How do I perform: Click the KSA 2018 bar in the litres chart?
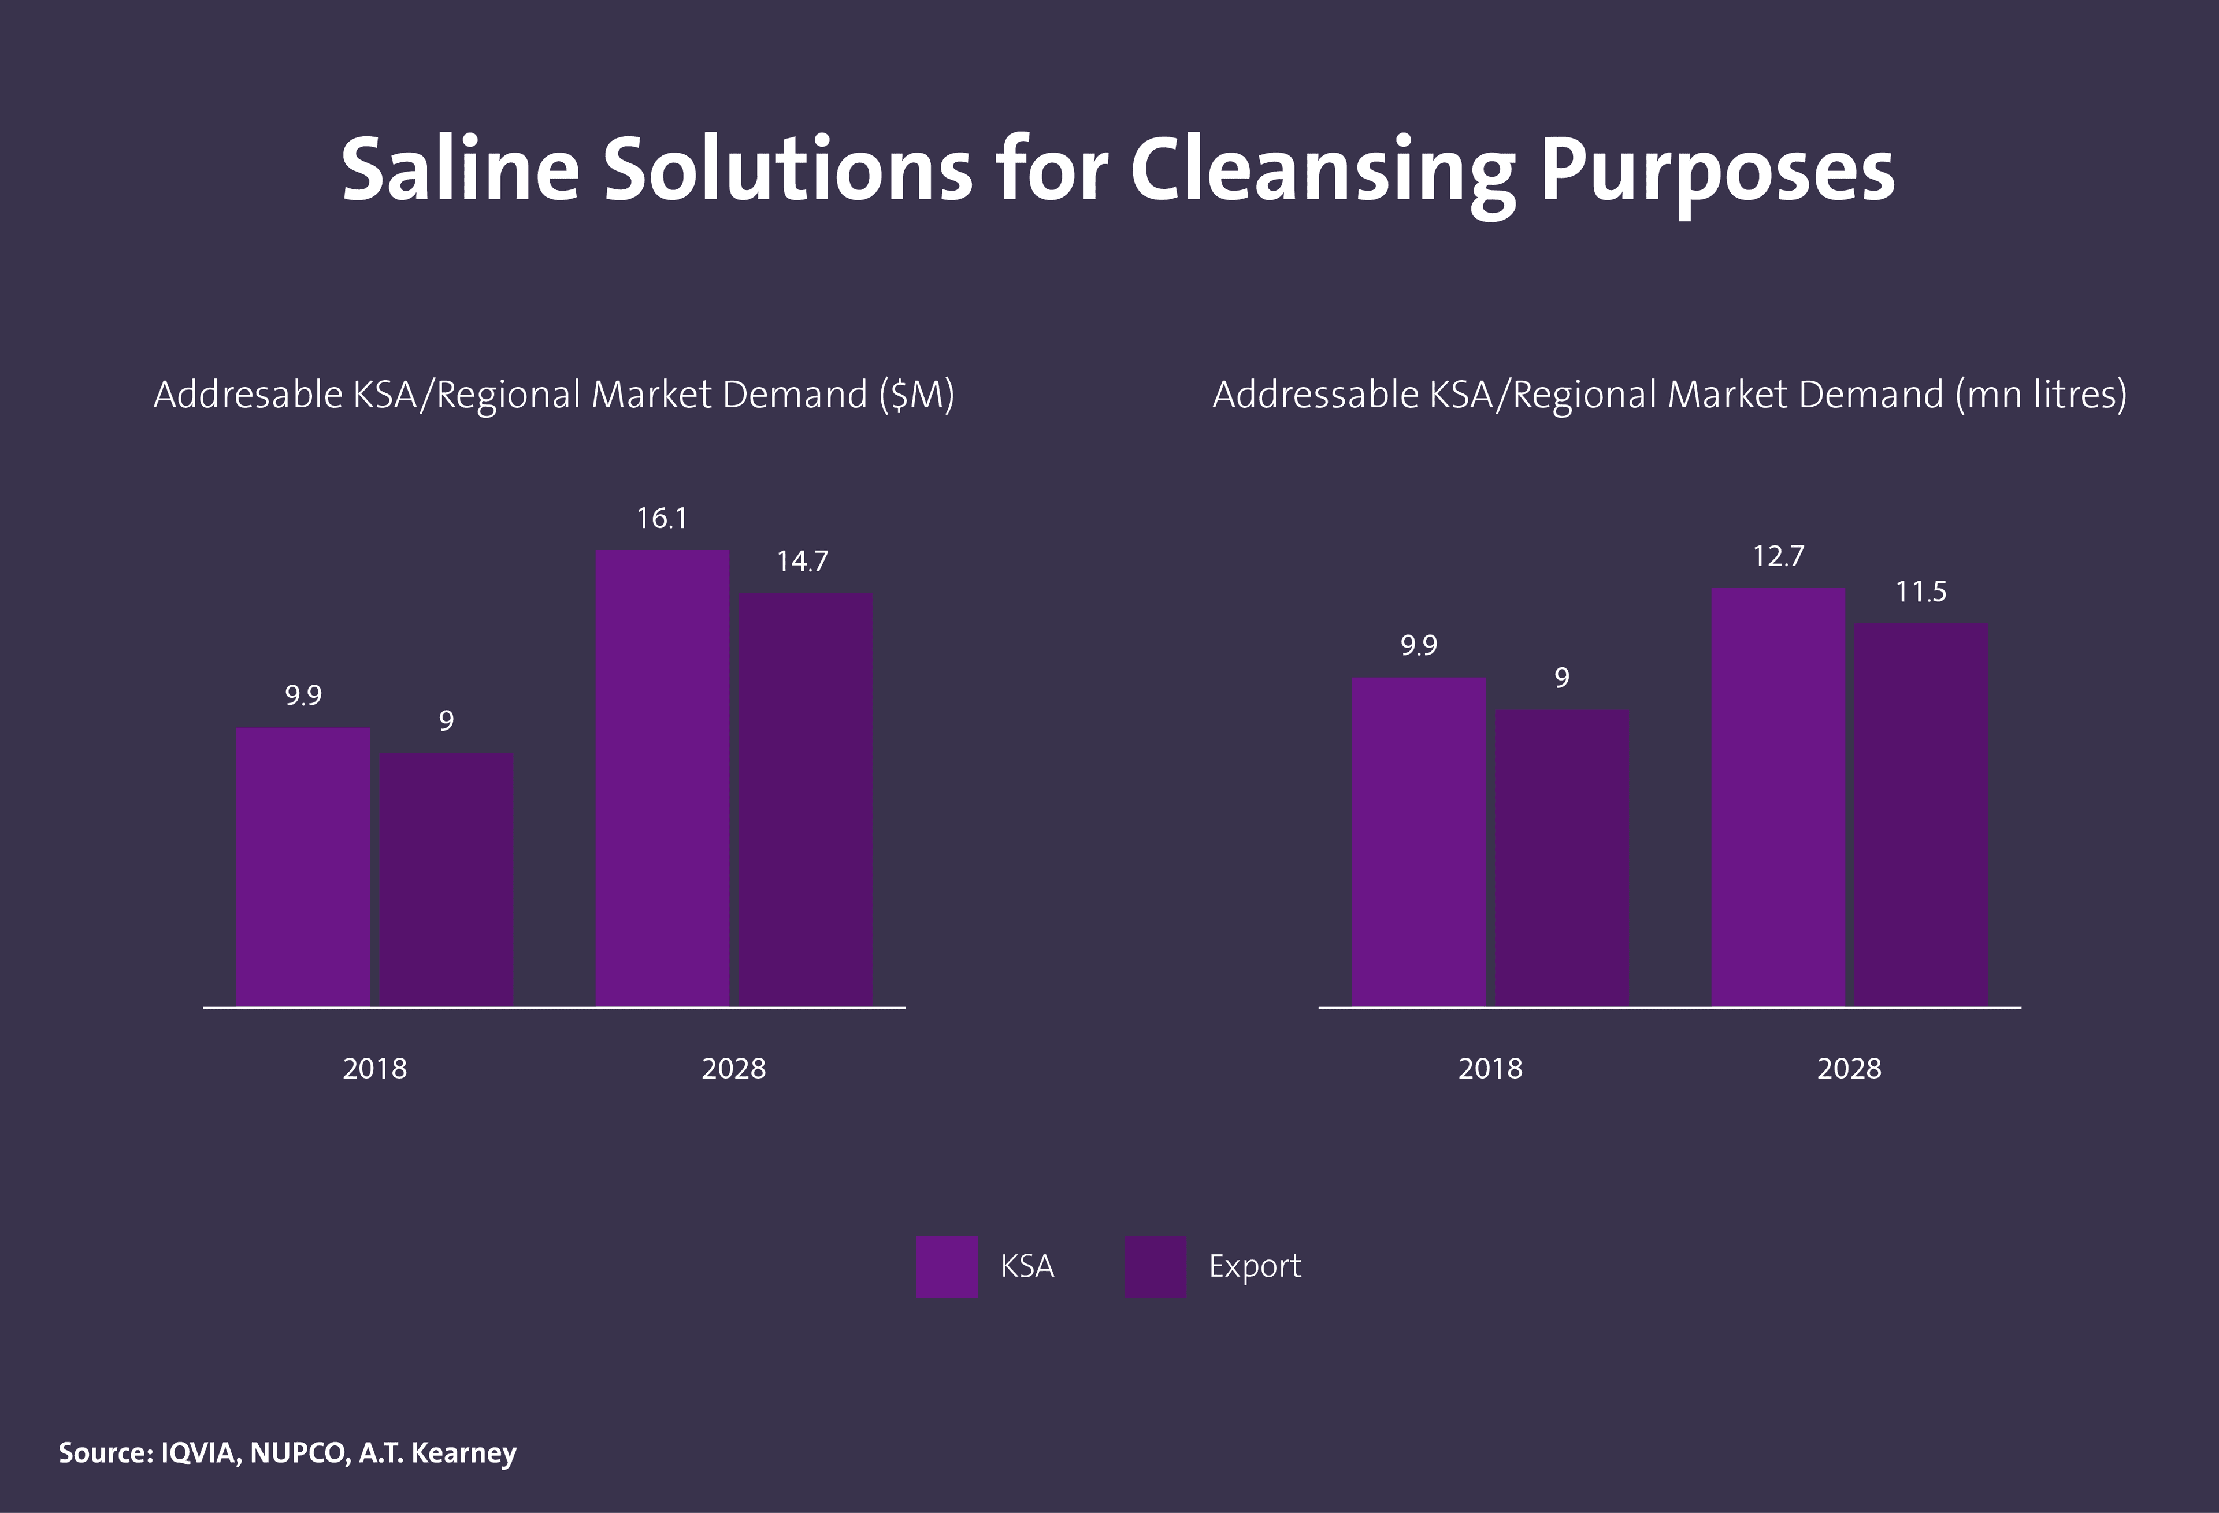[1419, 841]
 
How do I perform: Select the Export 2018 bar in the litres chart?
[1562, 857]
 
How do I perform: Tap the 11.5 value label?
[1921, 592]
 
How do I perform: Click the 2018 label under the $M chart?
[374, 1068]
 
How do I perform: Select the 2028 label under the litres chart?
[1850, 1068]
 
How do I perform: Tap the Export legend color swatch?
[1155, 1266]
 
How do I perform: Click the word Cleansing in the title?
[1323, 172]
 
